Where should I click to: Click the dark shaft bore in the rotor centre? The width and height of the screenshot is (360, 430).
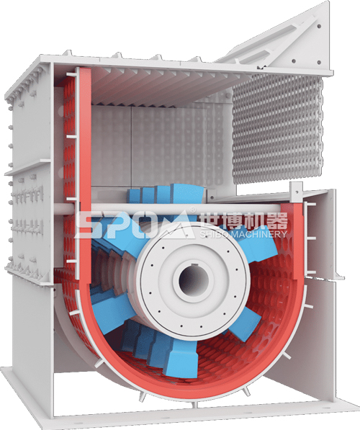coord(193,280)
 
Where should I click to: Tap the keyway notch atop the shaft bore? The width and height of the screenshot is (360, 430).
coord(194,264)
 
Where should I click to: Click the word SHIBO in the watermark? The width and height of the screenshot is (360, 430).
coord(215,234)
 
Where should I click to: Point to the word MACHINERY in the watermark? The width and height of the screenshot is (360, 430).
coord(258,234)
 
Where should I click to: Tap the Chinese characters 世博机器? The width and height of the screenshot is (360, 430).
coord(243,220)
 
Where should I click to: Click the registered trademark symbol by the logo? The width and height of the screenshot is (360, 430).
coord(193,210)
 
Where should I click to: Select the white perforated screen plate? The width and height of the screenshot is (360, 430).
coord(277,129)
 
